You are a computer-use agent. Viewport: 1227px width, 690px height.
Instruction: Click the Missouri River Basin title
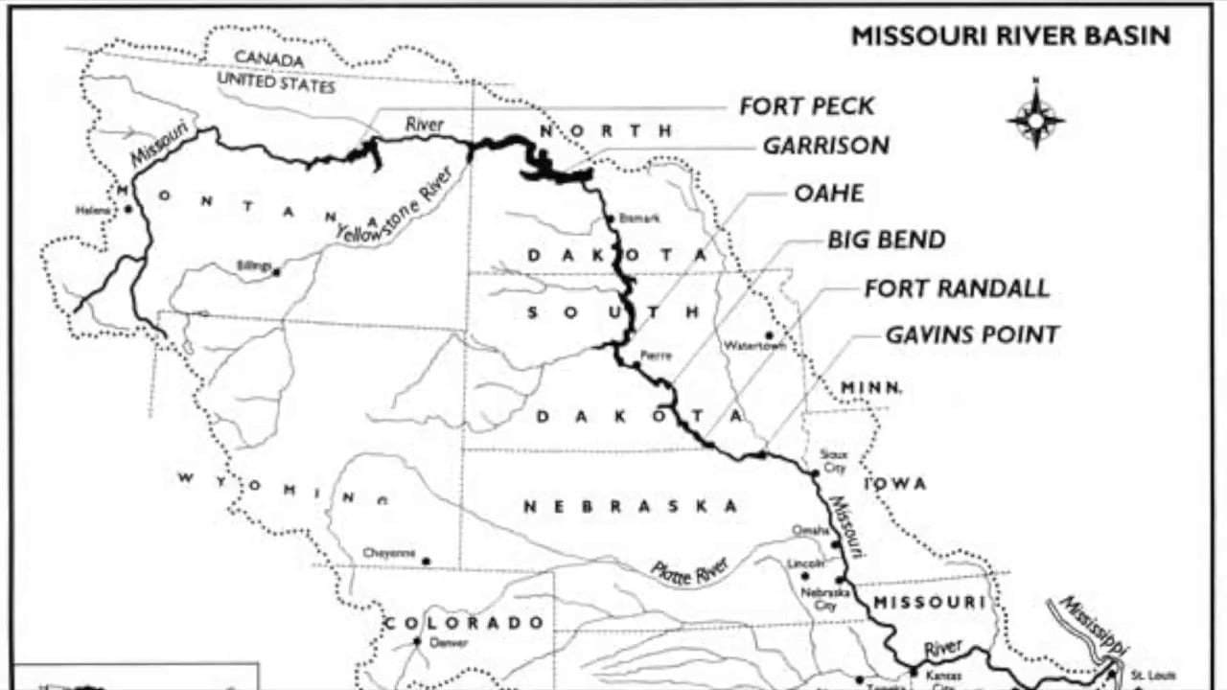pyautogui.click(x=1010, y=36)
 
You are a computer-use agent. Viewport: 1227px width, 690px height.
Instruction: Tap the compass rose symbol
pyautogui.click(x=1035, y=119)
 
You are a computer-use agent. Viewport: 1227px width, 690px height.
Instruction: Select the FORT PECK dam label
pyautogui.click(x=806, y=105)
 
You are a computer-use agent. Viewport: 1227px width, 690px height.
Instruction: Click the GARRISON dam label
pyautogui.click(x=825, y=146)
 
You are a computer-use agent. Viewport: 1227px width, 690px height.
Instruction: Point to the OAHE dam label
pyautogui.click(x=828, y=193)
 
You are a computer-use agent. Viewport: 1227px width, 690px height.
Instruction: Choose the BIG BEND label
pyautogui.click(x=886, y=240)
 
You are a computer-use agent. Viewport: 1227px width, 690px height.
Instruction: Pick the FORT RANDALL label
pyautogui.click(x=957, y=287)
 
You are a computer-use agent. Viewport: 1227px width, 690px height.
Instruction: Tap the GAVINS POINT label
pyautogui.click(x=971, y=334)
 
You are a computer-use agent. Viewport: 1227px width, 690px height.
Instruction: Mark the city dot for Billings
pyautogui.click(x=276, y=272)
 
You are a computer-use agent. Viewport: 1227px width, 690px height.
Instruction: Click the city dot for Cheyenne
pyautogui.click(x=427, y=561)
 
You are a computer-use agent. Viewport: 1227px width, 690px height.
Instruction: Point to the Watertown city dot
pyautogui.click(x=769, y=335)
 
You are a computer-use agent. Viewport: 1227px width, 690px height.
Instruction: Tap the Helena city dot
pyautogui.click(x=127, y=209)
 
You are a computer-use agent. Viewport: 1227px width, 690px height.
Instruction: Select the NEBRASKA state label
pyautogui.click(x=630, y=506)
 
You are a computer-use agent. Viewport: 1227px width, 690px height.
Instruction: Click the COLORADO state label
pyautogui.click(x=464, y=623)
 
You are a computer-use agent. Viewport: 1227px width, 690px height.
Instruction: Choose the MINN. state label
pyautogui.click(x=870, y=387)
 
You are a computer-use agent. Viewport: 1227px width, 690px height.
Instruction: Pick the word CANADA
pyautogui.click(x=269, y=59)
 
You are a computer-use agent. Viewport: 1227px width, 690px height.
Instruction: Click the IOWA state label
pyautogui.click(x=896, y=484)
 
